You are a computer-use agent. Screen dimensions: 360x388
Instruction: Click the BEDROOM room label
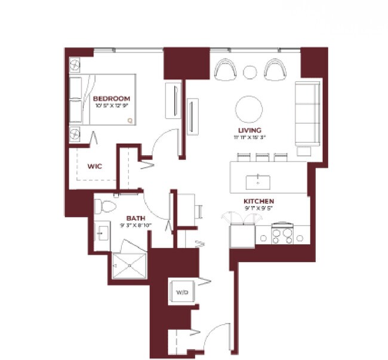coord(111,99)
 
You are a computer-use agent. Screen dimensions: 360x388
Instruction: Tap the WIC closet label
coord(94,167)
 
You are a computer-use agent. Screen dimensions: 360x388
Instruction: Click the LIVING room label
coord(249,130)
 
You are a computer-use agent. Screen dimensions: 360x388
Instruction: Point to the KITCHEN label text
coord(258,201)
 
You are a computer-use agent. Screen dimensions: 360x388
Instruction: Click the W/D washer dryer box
coord(182,293)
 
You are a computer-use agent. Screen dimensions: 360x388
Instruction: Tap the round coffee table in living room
coord(249,109)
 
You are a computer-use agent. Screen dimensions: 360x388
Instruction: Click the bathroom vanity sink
coord(101,233)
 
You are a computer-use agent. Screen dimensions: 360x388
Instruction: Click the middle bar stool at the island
coord(261,158)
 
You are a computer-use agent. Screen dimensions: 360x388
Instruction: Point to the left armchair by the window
coord(224,70)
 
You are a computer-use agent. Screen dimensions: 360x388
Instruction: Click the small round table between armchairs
coord(250,72)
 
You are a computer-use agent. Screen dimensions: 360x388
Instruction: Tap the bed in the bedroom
coord(103,100)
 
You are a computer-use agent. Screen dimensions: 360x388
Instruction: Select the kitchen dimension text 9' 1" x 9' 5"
coord(258,208)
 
